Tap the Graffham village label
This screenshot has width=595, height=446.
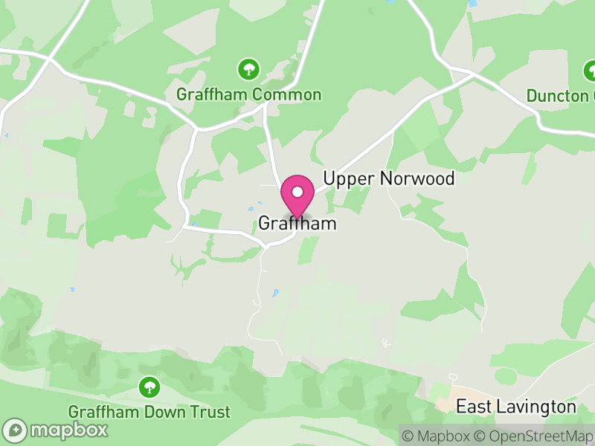tap(297, 224)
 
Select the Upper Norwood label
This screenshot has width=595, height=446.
tap(388, 179)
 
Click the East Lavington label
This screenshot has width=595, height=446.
tap(515, 407)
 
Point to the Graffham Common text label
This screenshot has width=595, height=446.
tap(248, 95)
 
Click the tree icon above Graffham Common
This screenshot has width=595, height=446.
tap(248, 70)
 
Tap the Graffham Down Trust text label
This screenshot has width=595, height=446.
tap(149, 412)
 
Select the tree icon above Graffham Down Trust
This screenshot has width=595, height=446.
tap(149, 387)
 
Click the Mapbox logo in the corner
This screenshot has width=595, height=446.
tap(56, 430)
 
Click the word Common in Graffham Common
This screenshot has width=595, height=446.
tap(286, 95)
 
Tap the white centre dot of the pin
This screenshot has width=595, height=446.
tap(297, 192)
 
